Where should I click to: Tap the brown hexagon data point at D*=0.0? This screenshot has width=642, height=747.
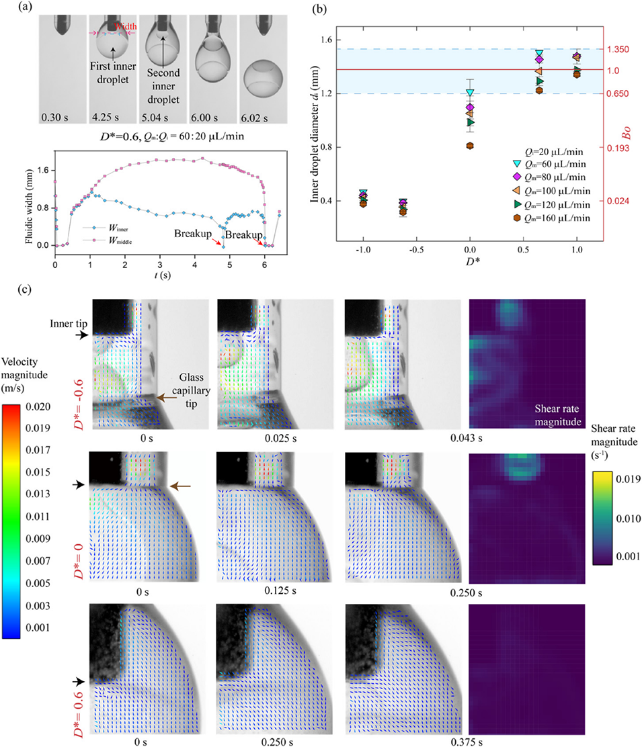point(470,145)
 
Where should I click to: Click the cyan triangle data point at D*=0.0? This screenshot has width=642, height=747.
point(470,93)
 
